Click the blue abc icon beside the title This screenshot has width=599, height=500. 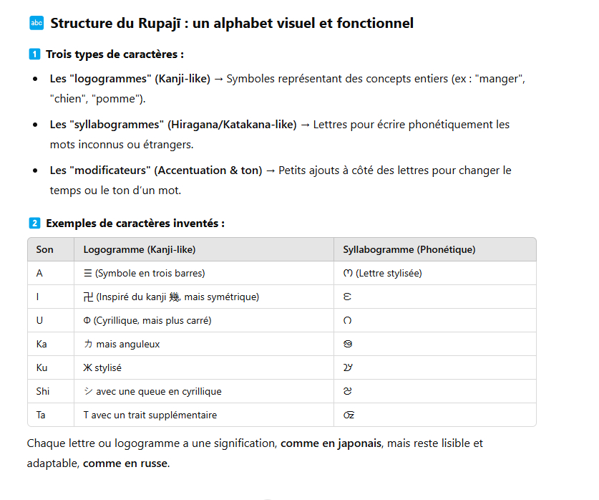pyautogui.click(x=36, y=24)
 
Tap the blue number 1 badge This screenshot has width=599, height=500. pyautogui.click(x=34, y=54)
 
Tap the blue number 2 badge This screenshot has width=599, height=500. pyautogui.click(x=34, y=223)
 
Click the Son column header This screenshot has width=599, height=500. pyautogui.click(x=44, y=249)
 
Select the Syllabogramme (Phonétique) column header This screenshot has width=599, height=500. pyautogui.click(x=409, y=249)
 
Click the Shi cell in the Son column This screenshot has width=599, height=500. pyautogui.click(x=43, y=392)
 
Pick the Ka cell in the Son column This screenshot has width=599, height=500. pyautogui.click(x=42, y=344)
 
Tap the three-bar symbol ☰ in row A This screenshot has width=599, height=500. pyautogui.click(x=88, y=273)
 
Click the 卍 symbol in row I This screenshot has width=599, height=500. pyautogui.click(x=88, y=297)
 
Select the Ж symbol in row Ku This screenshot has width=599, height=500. pyautogui.click(x=88, y=367)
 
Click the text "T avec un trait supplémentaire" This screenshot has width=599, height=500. pyautogui.click(x=150, y=415)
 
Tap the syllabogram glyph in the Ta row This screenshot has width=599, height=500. pyautogui.click(x=349, y=415)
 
